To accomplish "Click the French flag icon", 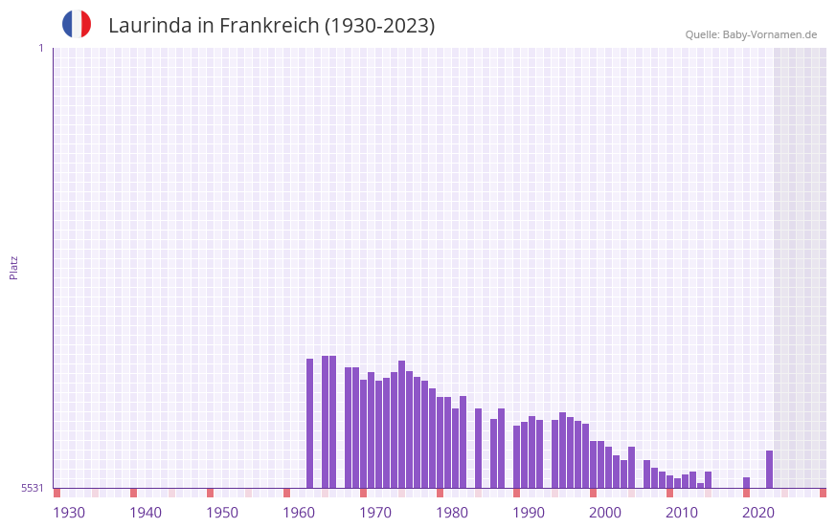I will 77,24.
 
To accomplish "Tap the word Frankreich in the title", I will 267,26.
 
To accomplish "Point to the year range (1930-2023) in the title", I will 379,26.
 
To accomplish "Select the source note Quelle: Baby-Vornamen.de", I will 751,34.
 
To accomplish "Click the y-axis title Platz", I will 13,267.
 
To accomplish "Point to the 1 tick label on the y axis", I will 40,48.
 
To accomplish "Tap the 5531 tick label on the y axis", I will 33,488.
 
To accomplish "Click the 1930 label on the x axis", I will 69,513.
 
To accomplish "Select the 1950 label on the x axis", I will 222,513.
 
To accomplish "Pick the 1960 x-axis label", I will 299,513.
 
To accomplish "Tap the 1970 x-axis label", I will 375,513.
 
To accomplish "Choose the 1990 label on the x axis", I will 529,513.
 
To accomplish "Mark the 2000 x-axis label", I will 605,513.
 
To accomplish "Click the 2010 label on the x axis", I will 682,513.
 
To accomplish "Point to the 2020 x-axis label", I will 758,513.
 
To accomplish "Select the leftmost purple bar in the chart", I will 309,423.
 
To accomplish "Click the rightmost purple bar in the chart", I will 769,469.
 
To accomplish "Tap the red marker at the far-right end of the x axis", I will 823,493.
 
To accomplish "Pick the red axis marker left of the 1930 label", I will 56,493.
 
